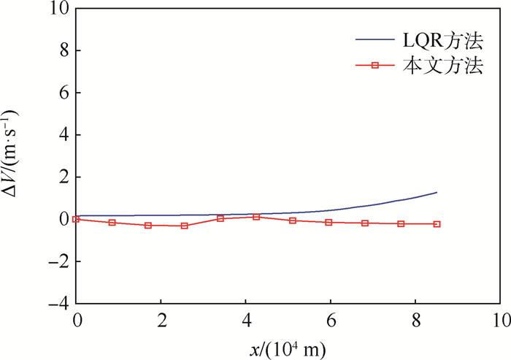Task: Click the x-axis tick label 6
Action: point(331,319)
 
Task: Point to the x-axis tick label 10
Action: point(499,319)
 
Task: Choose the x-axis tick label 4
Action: point(246,319)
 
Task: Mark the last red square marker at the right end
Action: point(437,224)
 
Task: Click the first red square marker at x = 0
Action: point(77,219)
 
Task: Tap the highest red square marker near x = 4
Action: point(256,217)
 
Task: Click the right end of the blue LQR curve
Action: point(437,192)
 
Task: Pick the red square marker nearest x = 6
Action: point(328,222)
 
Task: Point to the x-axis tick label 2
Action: point(161,319)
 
